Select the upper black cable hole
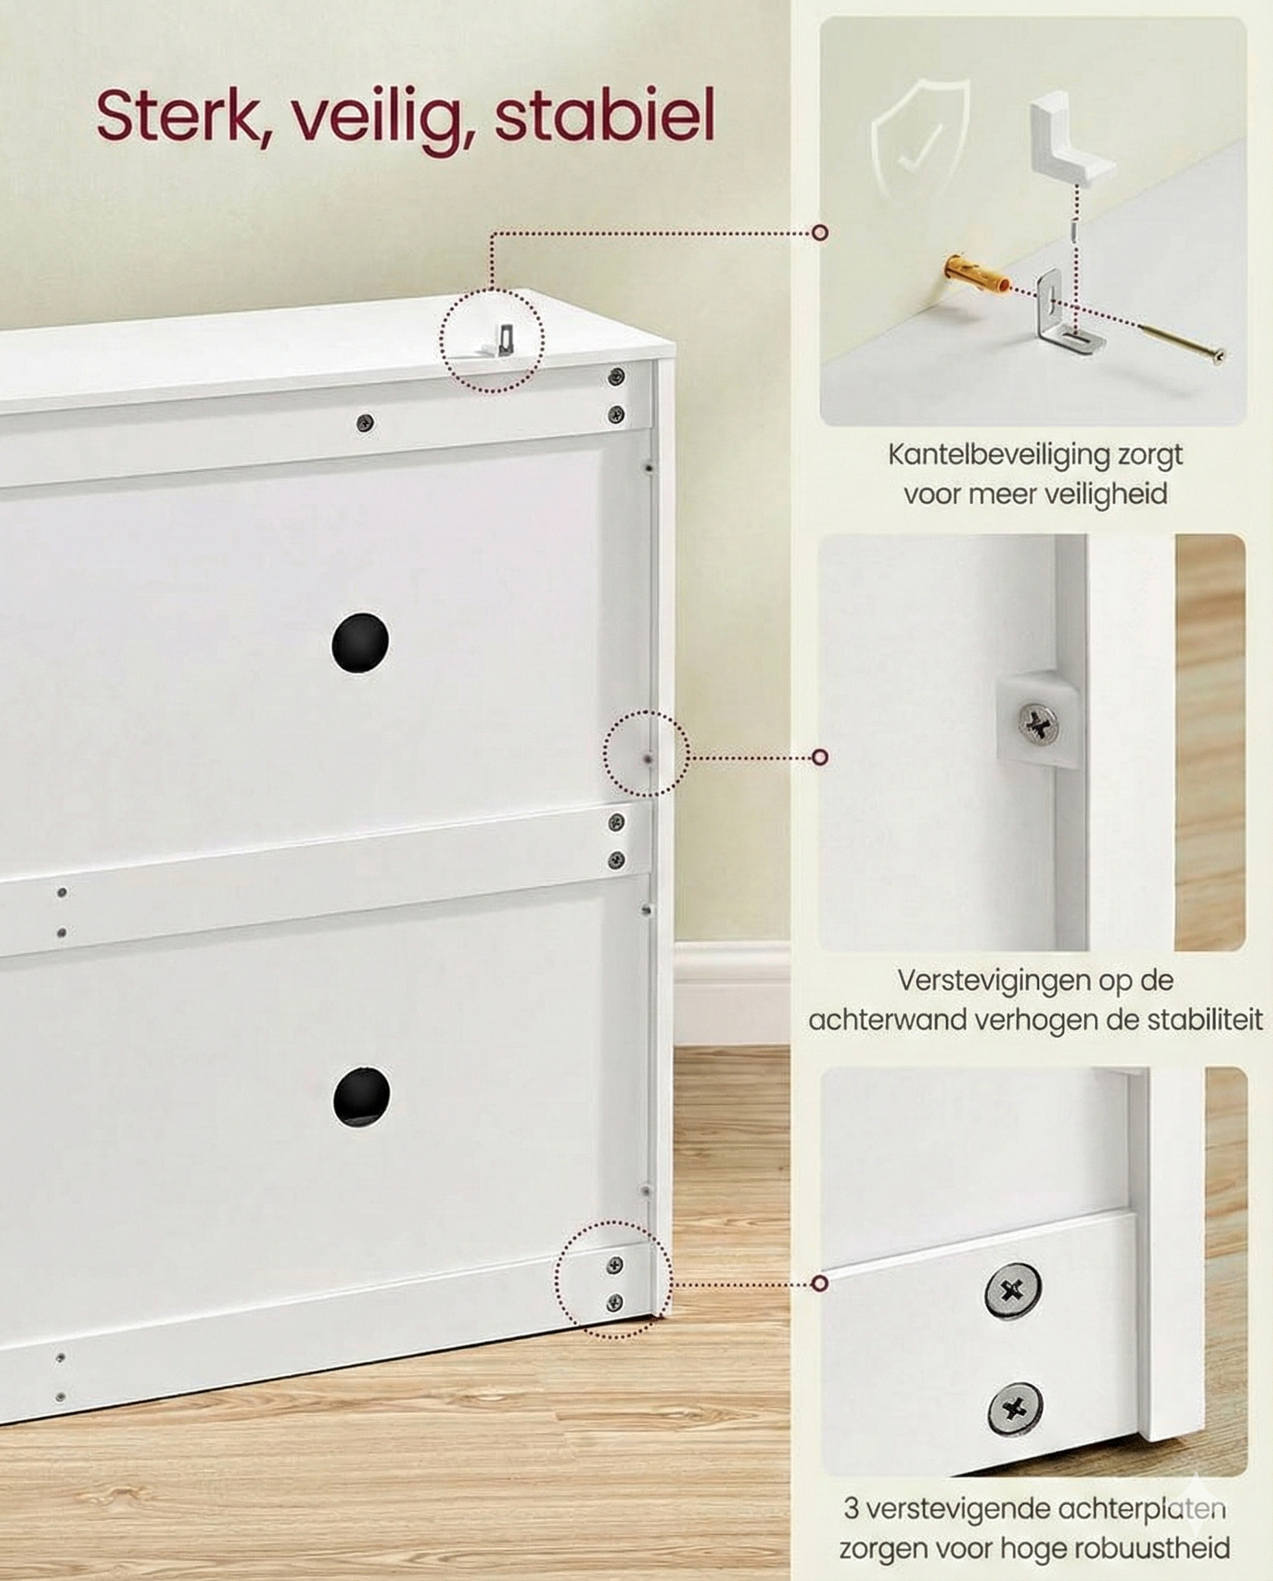pos(360,642)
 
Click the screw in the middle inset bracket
pos(1038,725)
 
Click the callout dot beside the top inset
pos(821,233)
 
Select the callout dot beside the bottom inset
pos(820,1283)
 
